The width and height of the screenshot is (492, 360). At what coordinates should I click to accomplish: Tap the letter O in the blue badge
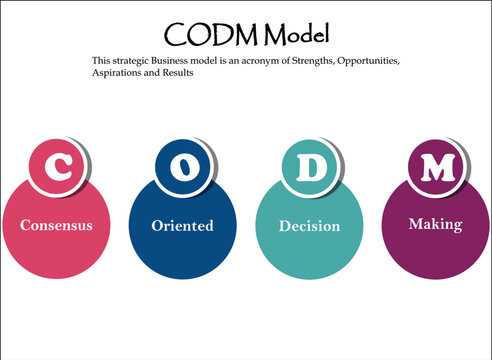tap(184, 166)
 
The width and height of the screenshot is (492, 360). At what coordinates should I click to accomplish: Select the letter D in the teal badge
tap(312, 166)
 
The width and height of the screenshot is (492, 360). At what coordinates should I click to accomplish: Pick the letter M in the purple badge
tap(436, 166)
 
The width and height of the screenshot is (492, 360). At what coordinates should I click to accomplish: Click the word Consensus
tap(56, 225)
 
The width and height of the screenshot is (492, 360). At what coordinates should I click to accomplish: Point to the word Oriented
tap(183, 226)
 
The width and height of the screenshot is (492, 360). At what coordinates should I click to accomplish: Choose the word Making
tap(435, 224)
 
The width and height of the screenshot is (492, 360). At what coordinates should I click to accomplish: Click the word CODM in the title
tap(204, 34)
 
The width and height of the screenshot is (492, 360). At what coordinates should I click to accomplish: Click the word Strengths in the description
tap(307, 61)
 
